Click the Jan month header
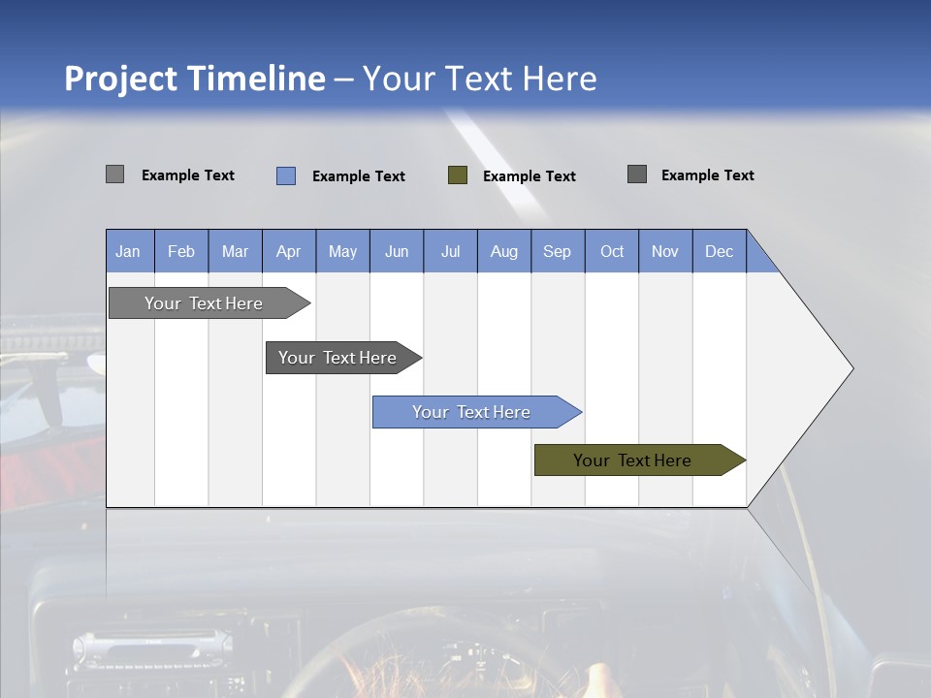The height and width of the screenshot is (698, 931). (x=128, y=251)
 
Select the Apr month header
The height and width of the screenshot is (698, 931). (x=289, y=251)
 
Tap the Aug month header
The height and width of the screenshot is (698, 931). (x=503, y=251)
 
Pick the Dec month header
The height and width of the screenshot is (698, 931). (x=719, y=251)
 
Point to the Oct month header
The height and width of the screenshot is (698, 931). (x=612, y=251)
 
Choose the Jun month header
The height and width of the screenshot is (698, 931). (x=397, y=251)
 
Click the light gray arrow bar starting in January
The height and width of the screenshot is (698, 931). (x=204, y=303)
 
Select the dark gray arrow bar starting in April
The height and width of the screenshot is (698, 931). (x=337, y=358)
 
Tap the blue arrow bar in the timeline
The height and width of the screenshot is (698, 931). (x=471, y=412)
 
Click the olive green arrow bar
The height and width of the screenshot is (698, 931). (x=632, y=460)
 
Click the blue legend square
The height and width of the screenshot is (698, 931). (x=286, y=175)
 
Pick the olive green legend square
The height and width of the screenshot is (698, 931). (x=458, y=175)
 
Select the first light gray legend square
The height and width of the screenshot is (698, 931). (x=115, y=174)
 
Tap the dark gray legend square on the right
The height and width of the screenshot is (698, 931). (x=637, y=174)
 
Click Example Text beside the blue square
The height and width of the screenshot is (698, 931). (x=359, y=176)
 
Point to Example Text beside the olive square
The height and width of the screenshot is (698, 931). (x=530, y=176)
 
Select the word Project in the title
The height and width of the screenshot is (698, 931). (x=122, y=79)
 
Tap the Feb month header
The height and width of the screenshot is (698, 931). (x=181, y=251)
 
